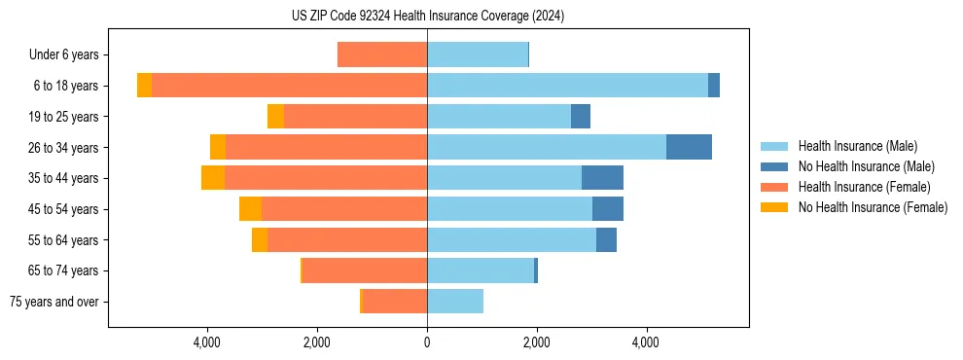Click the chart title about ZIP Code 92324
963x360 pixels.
428,17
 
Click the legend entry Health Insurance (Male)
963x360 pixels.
857,146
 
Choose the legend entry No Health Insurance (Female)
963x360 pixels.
873,207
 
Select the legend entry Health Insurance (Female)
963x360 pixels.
864,187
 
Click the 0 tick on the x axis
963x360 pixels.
427,342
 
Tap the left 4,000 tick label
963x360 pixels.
208,342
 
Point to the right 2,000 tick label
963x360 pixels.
537,342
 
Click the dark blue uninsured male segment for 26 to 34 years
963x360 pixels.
689,147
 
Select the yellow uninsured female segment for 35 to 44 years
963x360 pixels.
213,178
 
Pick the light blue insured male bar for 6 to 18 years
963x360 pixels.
567,86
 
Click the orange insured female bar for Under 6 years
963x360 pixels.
382,54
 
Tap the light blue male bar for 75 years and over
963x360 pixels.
455,302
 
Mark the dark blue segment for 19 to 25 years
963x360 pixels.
581,117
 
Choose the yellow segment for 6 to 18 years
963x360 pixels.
144,86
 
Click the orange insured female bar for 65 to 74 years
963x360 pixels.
365,270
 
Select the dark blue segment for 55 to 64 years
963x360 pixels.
606,239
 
